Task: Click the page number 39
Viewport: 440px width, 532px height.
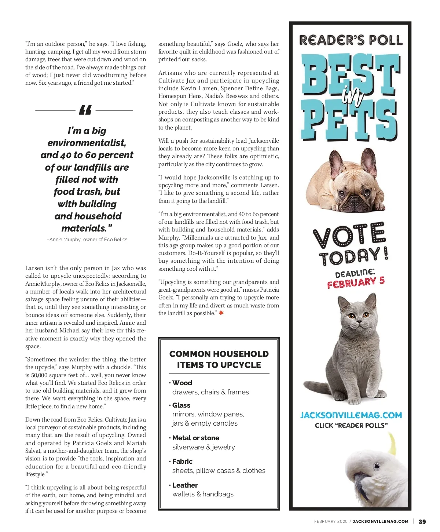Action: [422, 522]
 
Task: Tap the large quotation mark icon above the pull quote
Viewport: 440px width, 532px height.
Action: [85, 110]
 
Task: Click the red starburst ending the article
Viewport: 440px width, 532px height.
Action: [221, 313]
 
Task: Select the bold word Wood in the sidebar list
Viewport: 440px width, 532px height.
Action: [182, 383]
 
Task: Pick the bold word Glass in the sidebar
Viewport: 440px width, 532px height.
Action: [181, 405]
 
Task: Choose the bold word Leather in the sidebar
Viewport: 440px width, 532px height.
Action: [185, 485]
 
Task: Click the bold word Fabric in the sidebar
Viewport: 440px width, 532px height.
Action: [182, 461]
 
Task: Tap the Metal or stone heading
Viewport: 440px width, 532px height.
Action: [195, 438]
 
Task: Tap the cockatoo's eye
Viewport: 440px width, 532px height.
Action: [377, 466]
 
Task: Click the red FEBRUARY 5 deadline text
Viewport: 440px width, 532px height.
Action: [356, 283]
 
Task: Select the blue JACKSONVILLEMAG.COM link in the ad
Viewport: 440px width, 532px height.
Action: [351, 415]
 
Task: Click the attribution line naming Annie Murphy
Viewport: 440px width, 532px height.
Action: [87, 240]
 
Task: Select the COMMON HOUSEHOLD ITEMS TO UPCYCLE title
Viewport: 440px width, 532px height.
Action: [219, 360]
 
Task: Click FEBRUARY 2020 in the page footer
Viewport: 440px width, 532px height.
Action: [330, 521]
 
